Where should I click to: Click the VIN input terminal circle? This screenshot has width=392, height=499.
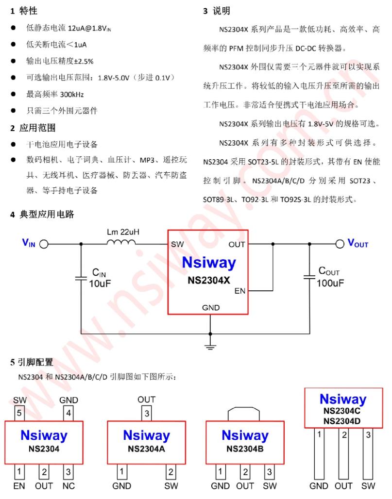tap(44, 244)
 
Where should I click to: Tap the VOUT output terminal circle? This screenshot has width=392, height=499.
tap(340, 244)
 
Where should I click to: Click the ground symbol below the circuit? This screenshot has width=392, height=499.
tap(210, 346)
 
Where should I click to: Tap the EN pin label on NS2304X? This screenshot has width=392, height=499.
tap(240, 291)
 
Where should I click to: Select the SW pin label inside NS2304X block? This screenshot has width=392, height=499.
tap(177, 244)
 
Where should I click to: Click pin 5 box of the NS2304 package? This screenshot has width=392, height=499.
tap(19, 414)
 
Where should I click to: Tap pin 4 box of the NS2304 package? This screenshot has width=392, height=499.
tap(68, 414)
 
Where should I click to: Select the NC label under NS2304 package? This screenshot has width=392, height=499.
tap(68, 485)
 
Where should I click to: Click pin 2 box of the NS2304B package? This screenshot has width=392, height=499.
tap(245, 471)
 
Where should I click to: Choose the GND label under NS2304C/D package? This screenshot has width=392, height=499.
tap(319, 485)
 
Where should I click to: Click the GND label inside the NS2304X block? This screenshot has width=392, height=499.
tap(211, 307)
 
